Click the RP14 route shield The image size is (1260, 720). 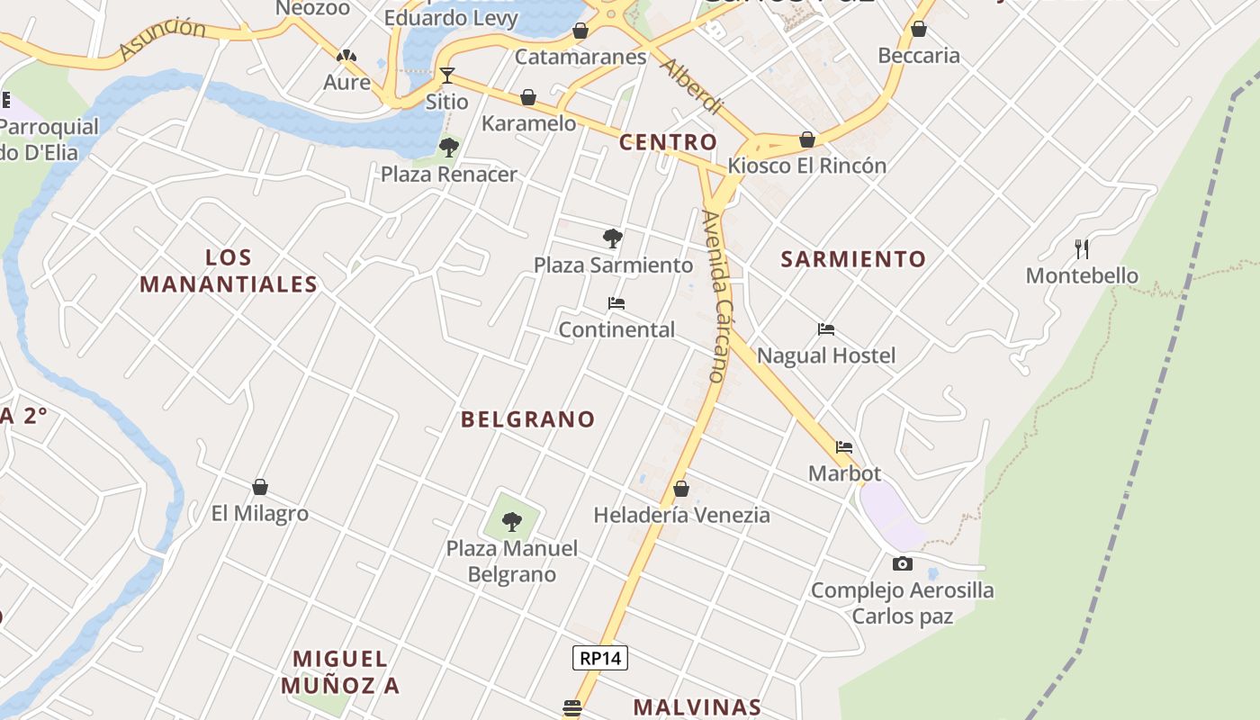click(600, 658)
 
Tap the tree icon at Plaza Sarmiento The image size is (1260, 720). click(613, 238)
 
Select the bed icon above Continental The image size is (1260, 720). click(616, 303)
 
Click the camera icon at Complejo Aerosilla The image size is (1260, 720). click(902, 564)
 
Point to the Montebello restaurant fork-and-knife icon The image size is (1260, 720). click(1082, 248)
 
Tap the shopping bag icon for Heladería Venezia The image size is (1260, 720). click(681, 489)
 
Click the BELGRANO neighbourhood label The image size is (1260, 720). click(528, 418)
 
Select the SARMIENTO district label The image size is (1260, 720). click(853, 259)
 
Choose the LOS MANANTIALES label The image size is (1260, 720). click(229, 271)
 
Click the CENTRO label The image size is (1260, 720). click(668, 142)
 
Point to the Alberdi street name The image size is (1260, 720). click(691, 87)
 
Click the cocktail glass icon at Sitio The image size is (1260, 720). click(446, 75)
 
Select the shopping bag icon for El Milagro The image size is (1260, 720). click(260, 487)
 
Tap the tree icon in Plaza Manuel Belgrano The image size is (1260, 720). click(512, 521)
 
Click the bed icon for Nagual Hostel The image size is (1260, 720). click(826, 329)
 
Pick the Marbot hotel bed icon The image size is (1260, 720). click(844, 446)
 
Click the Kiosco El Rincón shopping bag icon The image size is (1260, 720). click(807, 139)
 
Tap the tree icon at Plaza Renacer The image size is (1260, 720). click(448, 148)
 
